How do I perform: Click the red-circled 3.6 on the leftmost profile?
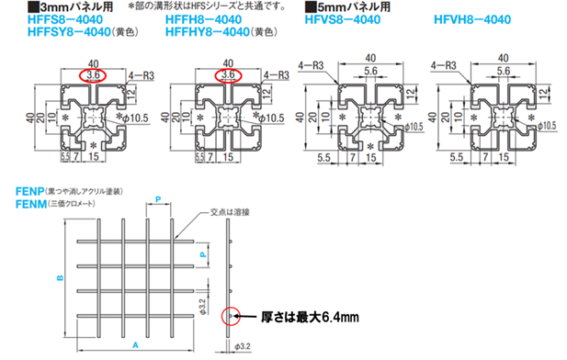click(x=91, y=73)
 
